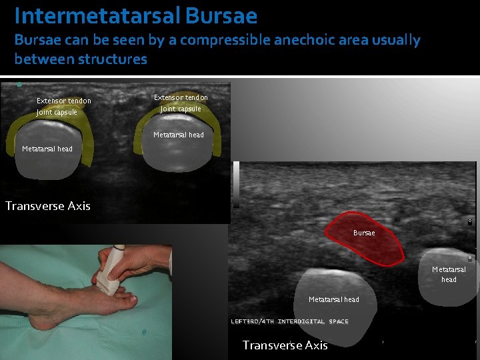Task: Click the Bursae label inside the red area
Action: [x=364, y=233]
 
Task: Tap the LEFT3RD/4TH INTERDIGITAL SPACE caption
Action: [x=289, y=321]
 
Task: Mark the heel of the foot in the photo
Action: [x=41, y=321]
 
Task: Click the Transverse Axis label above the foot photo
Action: [x=48, y=206]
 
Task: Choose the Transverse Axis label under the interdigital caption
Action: [x=285, y=345]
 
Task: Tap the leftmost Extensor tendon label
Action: [x=64, y=101]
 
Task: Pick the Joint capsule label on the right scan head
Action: [x=181, y=109]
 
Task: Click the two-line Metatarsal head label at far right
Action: [x=449, y=274]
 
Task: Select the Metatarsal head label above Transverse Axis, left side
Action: [x=47, y=148]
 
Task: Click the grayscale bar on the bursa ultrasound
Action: [x=235, y=175]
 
